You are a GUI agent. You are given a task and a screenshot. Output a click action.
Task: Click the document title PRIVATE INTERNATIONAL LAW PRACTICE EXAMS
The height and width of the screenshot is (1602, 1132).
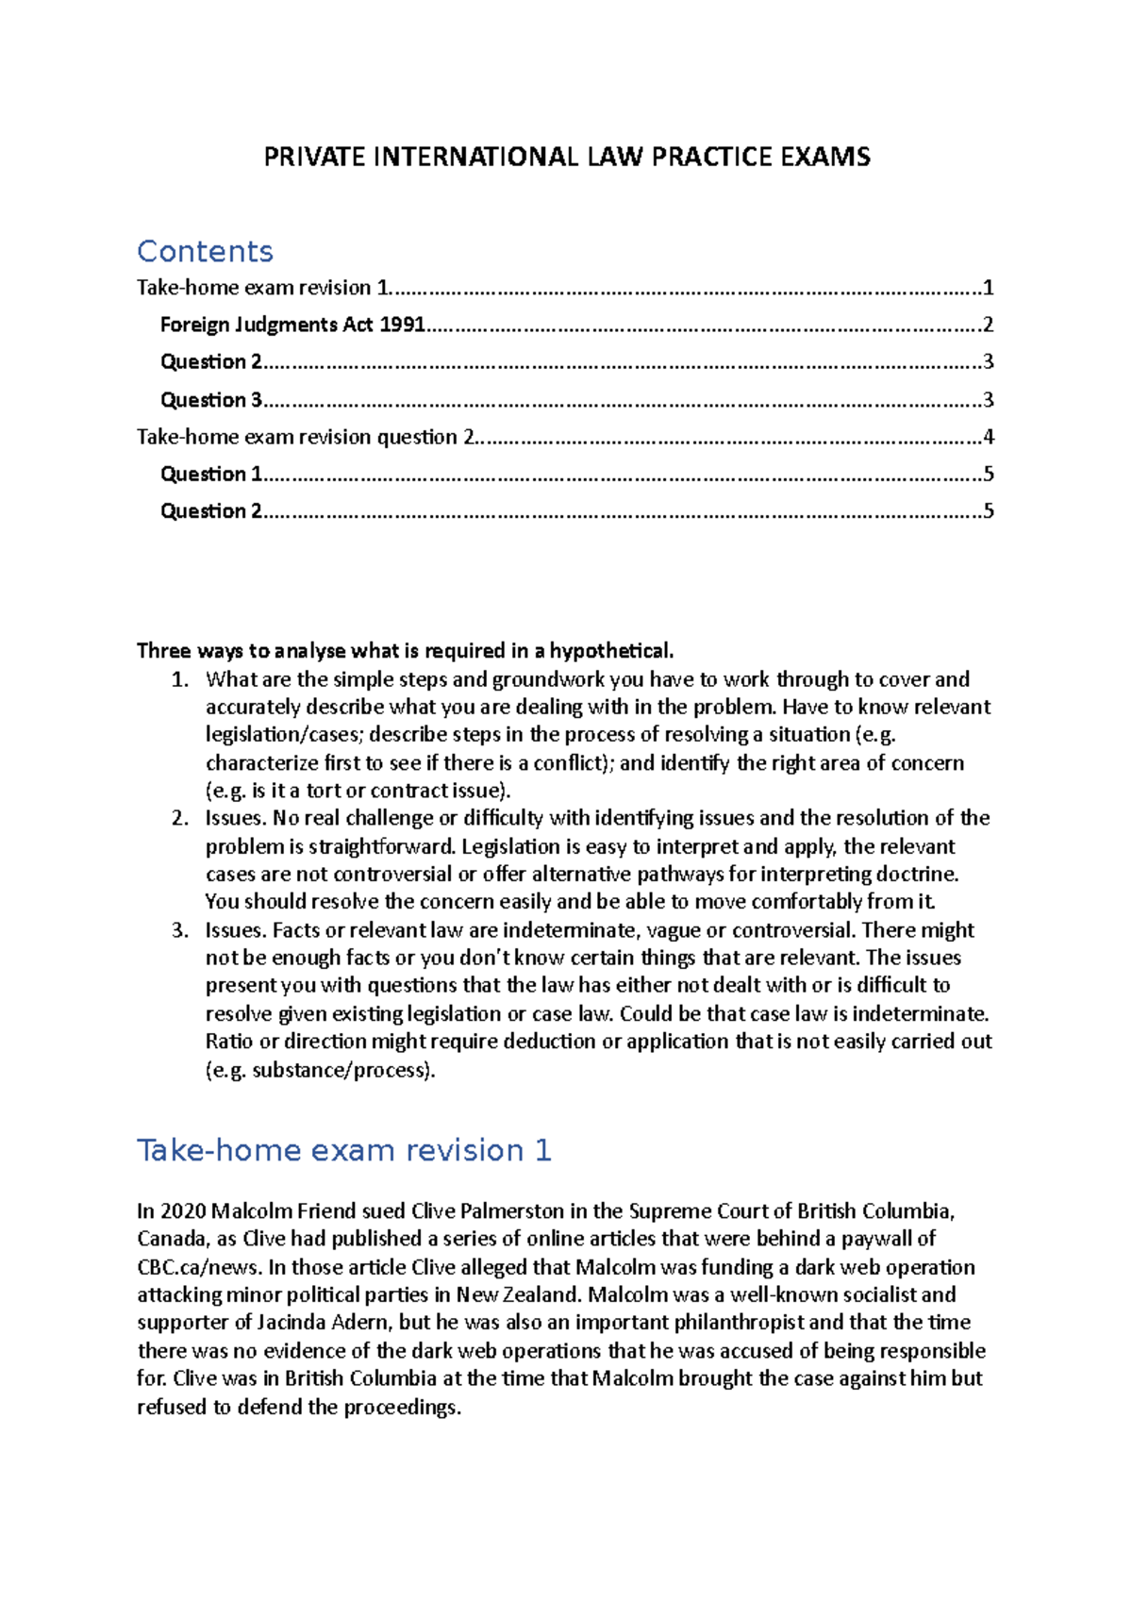566,157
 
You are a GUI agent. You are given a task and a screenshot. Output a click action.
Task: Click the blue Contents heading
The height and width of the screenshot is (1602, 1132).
205,252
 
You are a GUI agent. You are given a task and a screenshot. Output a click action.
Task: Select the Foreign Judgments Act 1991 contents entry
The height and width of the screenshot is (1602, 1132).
292,325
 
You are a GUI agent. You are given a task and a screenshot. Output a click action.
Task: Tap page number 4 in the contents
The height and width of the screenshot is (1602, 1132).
988,437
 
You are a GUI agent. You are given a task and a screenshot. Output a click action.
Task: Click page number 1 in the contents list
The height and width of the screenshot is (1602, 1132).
988,288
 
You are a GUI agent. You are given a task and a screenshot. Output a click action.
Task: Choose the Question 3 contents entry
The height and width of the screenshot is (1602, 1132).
211,400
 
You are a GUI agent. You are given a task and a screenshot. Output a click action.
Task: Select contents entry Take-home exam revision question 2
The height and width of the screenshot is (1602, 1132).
307,437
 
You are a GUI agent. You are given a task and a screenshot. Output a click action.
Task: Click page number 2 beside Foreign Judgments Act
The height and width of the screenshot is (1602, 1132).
988,325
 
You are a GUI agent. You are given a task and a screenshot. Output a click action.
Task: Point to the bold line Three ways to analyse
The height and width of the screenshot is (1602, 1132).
406,651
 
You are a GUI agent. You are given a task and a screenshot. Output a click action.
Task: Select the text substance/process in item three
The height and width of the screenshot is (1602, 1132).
341,1070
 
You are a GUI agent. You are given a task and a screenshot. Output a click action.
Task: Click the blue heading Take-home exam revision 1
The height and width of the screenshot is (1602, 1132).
344,1150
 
